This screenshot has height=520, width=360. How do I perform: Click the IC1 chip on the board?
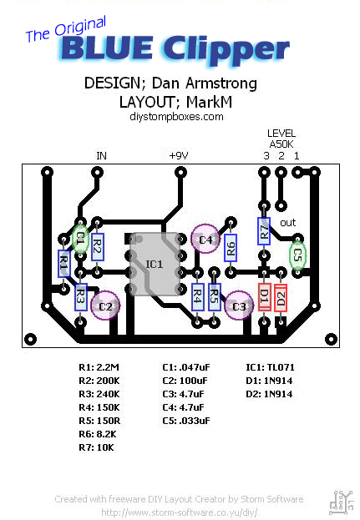[155, 264]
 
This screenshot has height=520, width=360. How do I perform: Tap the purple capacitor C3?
[239, 305]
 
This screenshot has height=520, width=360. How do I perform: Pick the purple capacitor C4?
[205, 240]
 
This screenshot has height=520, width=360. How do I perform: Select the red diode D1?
[264, 297]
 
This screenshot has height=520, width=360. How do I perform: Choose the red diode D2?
[281, 297]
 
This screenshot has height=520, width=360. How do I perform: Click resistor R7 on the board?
[264, 231]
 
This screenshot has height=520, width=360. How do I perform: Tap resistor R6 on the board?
[231, 247]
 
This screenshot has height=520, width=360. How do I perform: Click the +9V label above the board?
[180, 155]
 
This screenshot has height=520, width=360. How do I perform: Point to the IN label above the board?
[101, 155]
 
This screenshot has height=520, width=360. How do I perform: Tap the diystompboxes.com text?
[177, 117]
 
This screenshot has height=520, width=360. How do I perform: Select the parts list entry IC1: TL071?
[270, 366]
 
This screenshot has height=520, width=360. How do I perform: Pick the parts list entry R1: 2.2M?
[99, 366]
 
